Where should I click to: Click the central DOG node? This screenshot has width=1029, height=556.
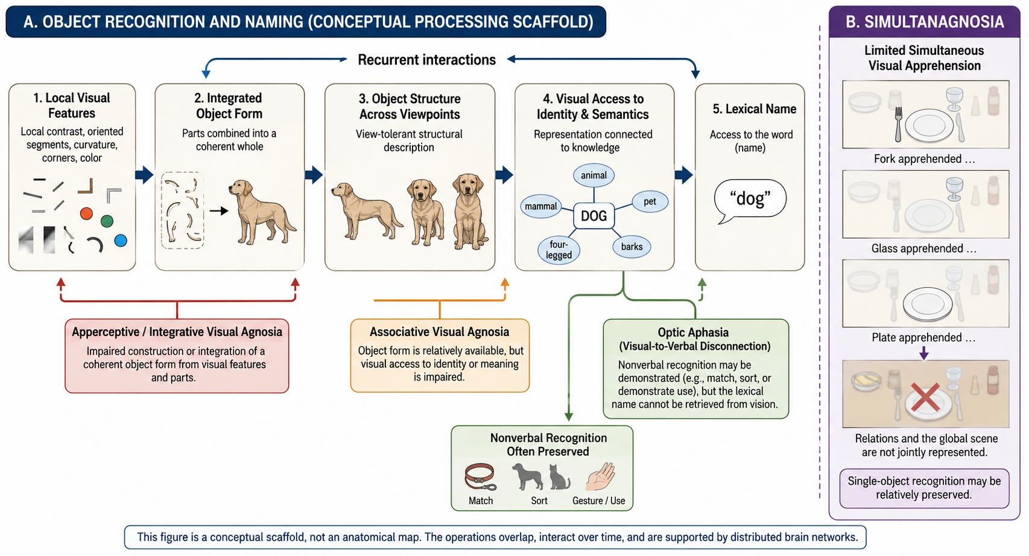coord(594,215)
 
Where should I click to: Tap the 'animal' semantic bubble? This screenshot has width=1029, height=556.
coord(594,175)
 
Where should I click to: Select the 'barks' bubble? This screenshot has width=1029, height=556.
coord(632,247)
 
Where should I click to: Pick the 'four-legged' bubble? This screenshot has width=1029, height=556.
coord(559,250)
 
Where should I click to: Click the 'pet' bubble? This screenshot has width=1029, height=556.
coord(650,201)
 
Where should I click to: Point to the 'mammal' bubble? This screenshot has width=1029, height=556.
coord(540,207)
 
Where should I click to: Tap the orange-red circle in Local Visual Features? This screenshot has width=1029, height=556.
coord(86,213)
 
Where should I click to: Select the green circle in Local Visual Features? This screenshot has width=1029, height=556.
coord(107,221)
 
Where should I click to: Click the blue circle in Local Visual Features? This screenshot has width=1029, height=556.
coord(121,241)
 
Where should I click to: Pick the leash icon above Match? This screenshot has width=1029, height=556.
coord(481,477)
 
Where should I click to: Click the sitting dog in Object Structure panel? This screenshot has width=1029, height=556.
coord(469,211)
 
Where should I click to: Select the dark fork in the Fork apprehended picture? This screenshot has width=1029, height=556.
coord(899,124)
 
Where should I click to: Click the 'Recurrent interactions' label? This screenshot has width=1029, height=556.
coord(427,60)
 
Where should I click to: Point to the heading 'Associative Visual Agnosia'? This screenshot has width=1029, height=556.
coord(440,332)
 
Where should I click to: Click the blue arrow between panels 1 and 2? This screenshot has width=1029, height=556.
coord(144,174)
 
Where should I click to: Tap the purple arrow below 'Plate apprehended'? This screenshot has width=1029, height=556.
coord(924,353)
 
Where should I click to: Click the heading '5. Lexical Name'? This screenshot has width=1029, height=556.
coord(755,109)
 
